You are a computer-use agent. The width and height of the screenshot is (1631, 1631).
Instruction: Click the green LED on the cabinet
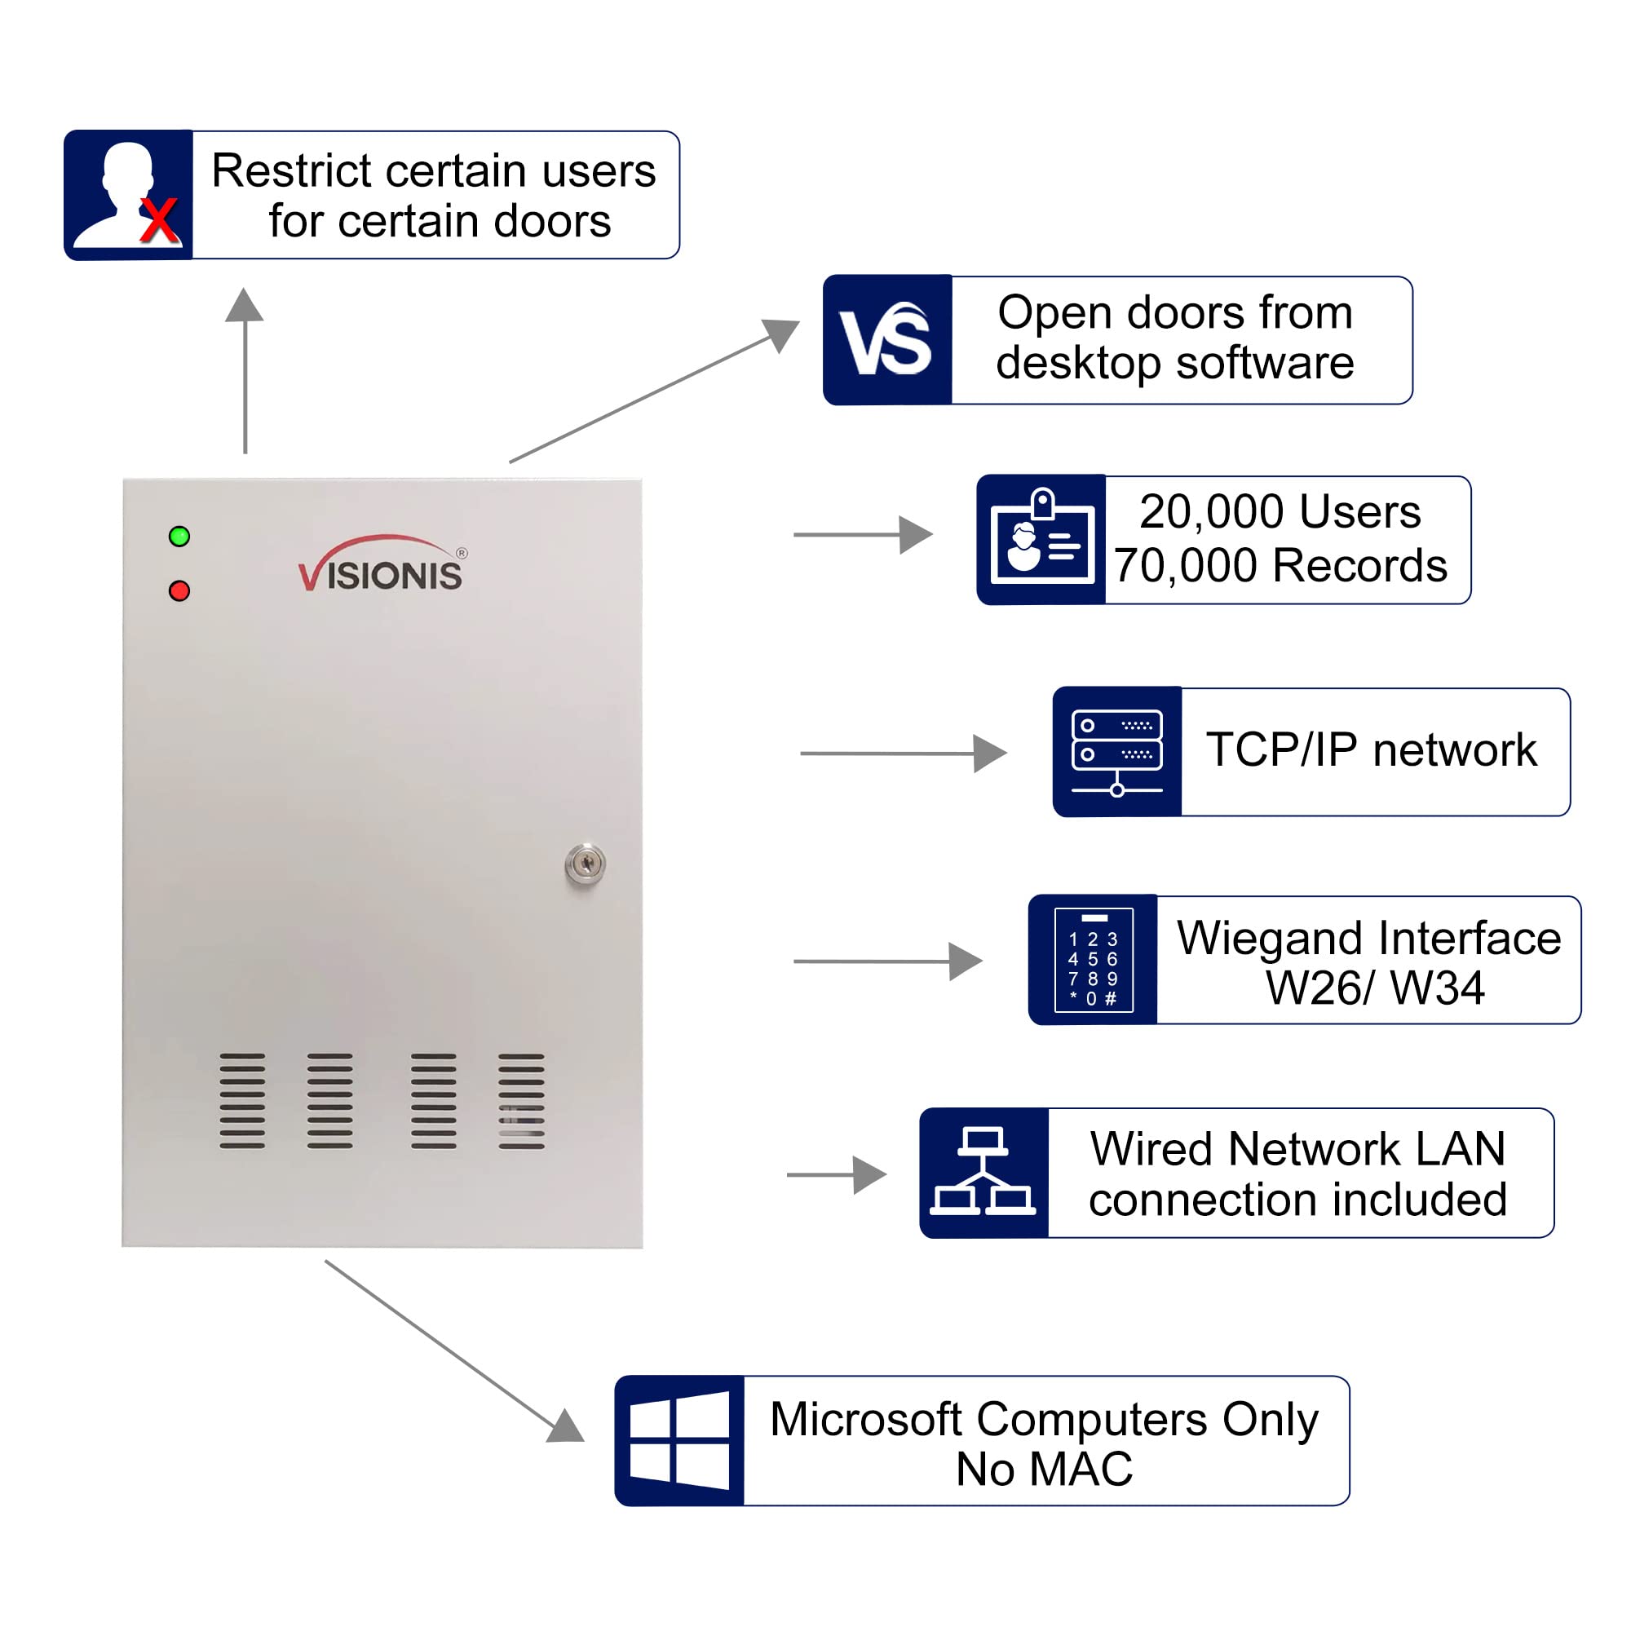coord(179,536)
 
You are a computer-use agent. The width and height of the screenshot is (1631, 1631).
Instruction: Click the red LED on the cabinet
coord(179,591)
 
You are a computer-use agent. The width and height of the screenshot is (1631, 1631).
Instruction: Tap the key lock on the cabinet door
coord(585,864)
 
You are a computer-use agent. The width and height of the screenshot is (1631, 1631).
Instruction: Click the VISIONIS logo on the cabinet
coord(382,566)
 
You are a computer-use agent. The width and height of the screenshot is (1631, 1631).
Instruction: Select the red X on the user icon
coord(159,221)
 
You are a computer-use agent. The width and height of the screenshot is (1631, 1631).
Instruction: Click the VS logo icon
coord(886,339)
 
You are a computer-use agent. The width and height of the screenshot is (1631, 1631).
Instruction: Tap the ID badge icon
coord(1041,539)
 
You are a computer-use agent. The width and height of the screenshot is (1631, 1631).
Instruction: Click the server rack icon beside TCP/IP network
coord(1117,752)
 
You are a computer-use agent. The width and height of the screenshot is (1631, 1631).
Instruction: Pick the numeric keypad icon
coord(1094,960)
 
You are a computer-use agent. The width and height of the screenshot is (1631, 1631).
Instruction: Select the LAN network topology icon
coord(983,1173)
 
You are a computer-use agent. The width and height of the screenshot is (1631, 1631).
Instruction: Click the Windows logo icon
coord(679,1441)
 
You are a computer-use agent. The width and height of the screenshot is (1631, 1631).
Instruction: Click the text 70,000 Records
coord(1280,566)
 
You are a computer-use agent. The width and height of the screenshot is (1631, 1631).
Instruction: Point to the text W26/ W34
coord(1374,988)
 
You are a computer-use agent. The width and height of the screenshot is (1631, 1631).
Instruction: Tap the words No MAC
coord(1045,1470)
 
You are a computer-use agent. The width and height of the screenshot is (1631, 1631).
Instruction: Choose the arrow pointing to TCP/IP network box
coord(904,753)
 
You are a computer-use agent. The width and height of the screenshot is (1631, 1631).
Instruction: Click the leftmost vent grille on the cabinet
coord(242,1101)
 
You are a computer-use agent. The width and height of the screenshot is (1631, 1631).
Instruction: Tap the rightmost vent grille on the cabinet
coord(521,1101)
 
